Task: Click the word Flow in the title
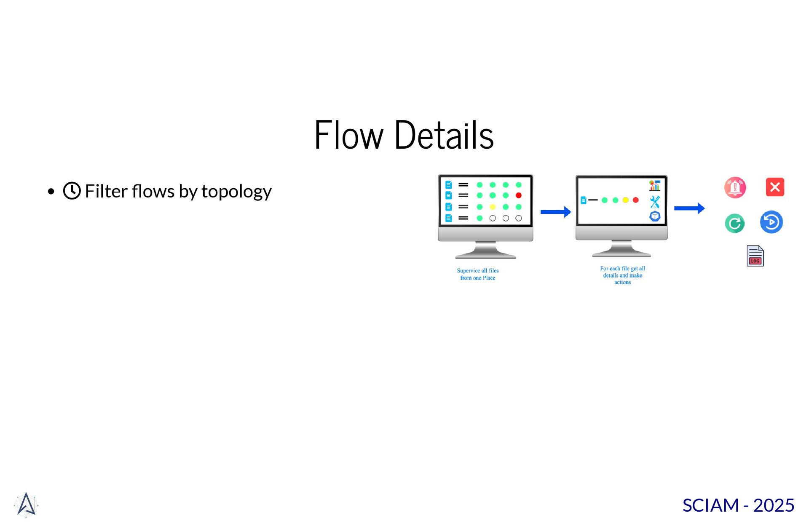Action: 349,135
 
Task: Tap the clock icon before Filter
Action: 72,191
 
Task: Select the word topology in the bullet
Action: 236,192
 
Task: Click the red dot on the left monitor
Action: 519,195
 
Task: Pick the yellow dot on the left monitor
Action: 493,207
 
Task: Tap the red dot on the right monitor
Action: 636,200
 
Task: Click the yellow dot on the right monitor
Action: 626,200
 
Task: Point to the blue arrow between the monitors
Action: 556,212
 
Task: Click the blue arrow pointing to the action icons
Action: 689,208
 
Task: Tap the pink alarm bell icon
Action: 735,187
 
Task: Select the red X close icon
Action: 775,187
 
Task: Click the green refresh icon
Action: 735,223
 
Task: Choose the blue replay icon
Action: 771,222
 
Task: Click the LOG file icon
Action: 755,256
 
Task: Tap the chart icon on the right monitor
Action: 654,185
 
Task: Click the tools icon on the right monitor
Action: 654,202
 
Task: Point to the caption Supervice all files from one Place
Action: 478,274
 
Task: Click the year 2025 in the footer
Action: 774,505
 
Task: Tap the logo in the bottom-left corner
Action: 26,504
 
